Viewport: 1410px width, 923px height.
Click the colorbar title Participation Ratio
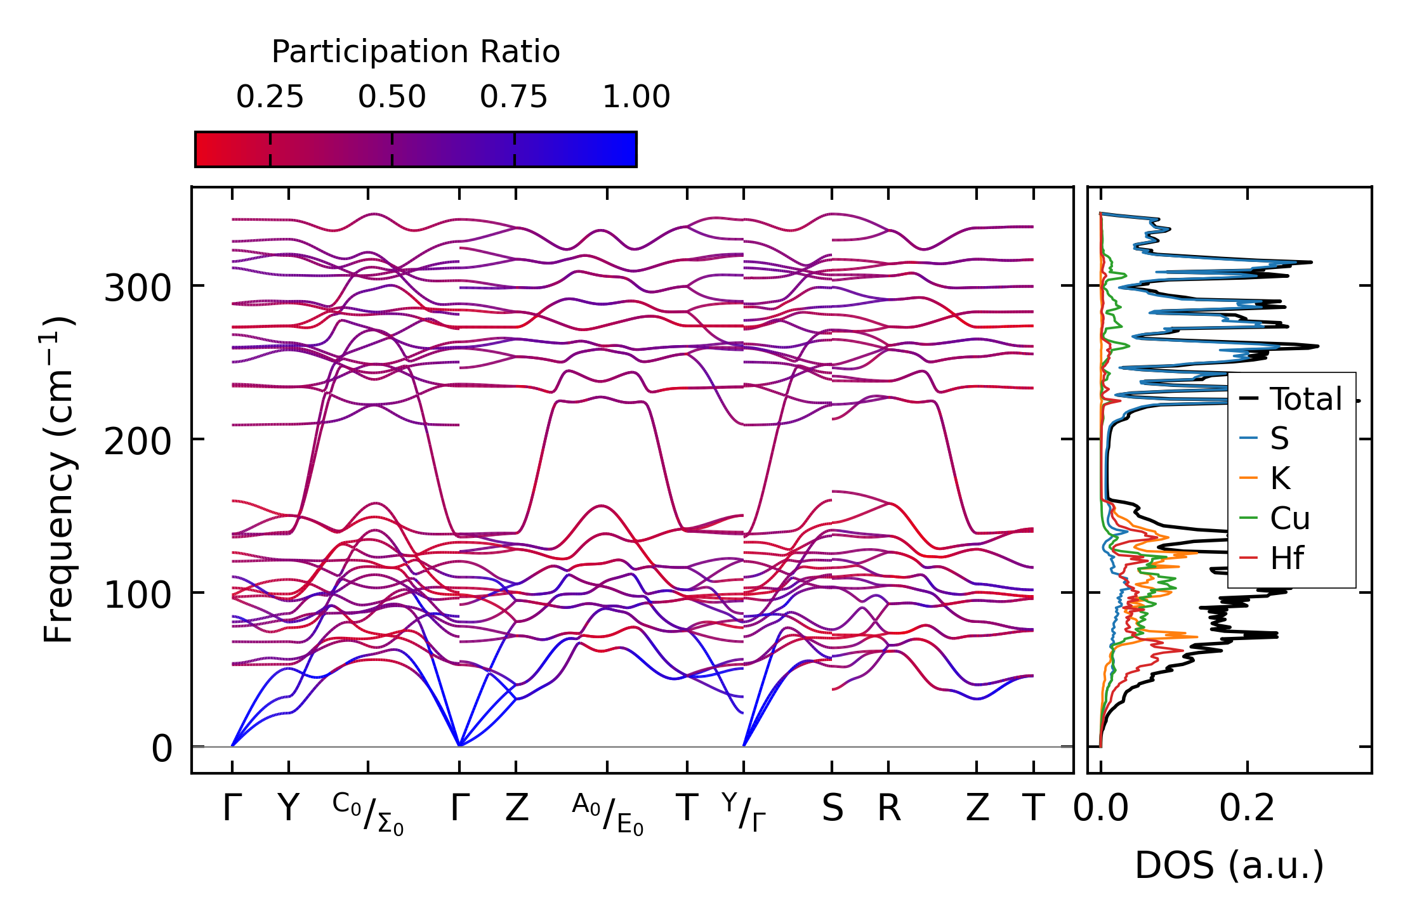tap(416, 52)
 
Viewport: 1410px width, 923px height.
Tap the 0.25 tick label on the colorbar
tap(270, 97)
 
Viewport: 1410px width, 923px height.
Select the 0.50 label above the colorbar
tap(392, 97)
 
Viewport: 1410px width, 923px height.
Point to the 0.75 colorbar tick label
tap(513, 97)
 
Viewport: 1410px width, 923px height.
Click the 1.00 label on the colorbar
tap(636, 97)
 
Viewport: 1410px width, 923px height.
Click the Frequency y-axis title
tap(58, 480)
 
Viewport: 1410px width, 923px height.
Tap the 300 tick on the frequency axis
tap(138, 289)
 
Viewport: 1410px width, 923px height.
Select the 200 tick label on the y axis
tap(138, 442)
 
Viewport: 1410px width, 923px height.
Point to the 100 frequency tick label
tap(138, 595)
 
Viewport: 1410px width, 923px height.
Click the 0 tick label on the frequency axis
tap(162, 749)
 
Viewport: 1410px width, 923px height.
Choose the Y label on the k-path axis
tap(289, 808)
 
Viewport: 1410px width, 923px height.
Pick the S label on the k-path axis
tap(832, 808)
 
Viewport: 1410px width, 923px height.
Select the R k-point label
tap(889, 808)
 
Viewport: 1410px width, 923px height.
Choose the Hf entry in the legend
tap(1287, 558)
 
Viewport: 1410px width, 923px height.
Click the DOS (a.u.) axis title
tap(1229, 865)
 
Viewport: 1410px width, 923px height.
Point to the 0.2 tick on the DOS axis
tap(1247, 808)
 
